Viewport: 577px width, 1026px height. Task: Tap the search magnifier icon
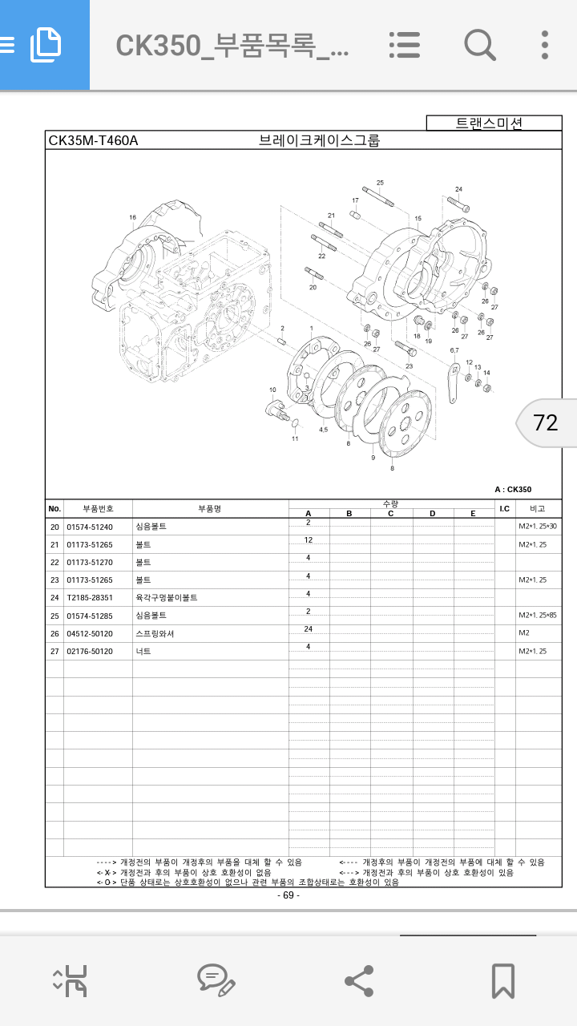(x=479, y=45)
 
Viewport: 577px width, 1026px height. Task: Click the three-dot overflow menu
(x=545, y=45)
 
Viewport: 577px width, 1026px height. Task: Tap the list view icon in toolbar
(x=405, y=45)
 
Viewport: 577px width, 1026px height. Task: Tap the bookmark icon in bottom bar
(x=502, y=980)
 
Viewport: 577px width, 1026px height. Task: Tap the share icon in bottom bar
(x=358, y=980)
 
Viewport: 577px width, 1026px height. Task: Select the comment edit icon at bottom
(x=216, y=980)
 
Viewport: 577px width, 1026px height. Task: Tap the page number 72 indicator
(x=546, y=422)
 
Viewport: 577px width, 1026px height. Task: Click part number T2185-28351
(x=90, y=598)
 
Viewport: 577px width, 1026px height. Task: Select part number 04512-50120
(x=90, y=633)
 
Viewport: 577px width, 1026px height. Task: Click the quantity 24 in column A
(x=308, y=629)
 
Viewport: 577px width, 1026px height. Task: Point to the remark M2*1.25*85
(x=538, y=616)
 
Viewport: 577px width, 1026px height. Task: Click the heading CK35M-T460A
(x=94, y=141)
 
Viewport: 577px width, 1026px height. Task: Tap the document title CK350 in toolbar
(x=232, y=46)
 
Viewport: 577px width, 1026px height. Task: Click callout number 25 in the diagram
(x=380, y=183)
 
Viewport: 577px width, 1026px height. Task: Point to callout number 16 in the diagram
(x=132, y=217)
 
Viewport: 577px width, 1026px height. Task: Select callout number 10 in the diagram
(x=272, y=390)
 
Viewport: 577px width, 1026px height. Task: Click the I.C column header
(x=505, y=508)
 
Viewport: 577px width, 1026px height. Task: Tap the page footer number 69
(x=288, y=895)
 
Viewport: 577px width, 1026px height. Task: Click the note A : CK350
(x=513, y=489)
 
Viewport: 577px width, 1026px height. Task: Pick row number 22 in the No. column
(x=54, y=563)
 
